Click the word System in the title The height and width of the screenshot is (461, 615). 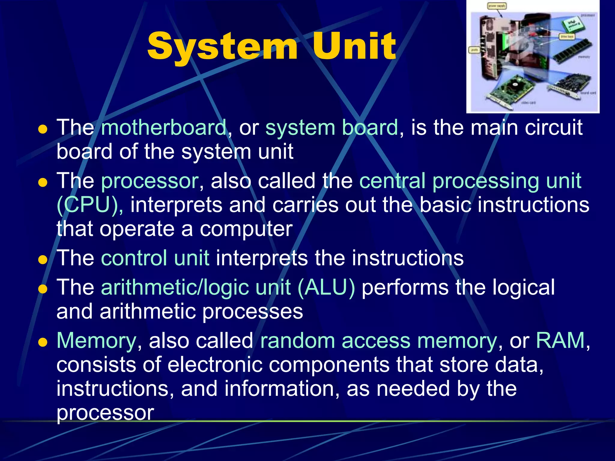[x=222, y=47]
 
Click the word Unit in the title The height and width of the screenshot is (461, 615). [x=354, y=47]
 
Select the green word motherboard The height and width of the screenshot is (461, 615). [x=164, y=128]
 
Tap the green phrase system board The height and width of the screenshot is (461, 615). [x=332, y=128]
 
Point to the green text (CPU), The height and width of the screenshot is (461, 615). [x=89, y=205]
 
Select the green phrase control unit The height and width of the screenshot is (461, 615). [x=155, y=258]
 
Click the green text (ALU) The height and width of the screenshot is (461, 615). [x=326, y=288]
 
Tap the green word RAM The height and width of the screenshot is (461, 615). [x=560, y=341]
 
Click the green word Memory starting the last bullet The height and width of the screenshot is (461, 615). [x=96, y=341]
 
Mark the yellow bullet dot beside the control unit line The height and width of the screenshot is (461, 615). [x=43, y=259]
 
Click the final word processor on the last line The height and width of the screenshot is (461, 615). [x=105, y=413]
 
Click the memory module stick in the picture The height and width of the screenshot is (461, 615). [x=572, y=51]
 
